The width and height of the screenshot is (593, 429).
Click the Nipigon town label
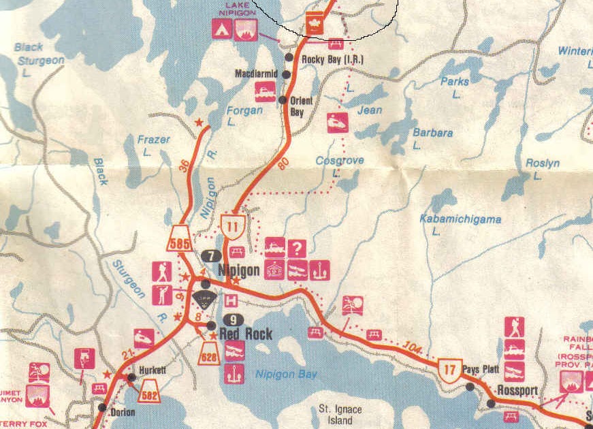tap(239, 270)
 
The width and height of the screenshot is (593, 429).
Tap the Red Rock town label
tap(246, 334)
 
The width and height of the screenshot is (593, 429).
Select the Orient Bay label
tap(301, 106)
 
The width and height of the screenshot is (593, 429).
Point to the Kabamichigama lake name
tap(460, 219)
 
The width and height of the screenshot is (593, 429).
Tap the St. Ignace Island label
tap(340, 415)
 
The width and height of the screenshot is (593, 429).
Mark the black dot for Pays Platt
tap(469, 387)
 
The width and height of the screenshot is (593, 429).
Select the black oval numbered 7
tap(211, 255)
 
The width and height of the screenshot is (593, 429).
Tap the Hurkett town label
tap(152, 370)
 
